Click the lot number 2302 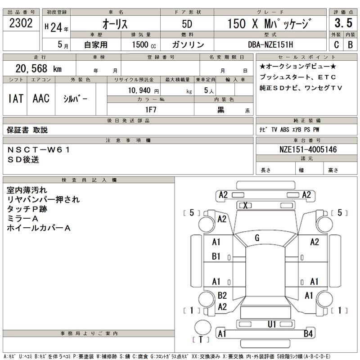pyautogui.click(x=21, y=24)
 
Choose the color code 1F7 pyautogui.click(x=150, y=109)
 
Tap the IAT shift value pyautogui.click(x=16, y=99)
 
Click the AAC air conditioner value pyautogui.click(x=40, y=99)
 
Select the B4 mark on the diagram pyautogui.click(x=308, y=333)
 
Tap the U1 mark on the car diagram pyautogui.click(x=272, y=324)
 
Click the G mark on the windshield pyautogui.click(x=257, y=238)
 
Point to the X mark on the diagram pyautogui.click(x=246, y=206)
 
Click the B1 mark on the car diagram pyautogui.click(x=216, y=256)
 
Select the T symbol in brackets pyautogui.click(x=201, y=339)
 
